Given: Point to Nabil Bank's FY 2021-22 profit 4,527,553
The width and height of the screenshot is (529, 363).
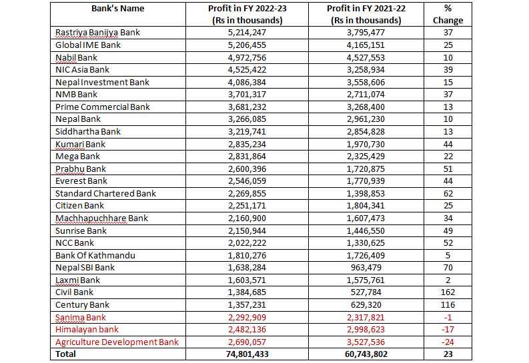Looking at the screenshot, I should click(366, 57).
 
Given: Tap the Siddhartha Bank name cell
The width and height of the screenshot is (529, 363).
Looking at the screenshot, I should click(88, 131).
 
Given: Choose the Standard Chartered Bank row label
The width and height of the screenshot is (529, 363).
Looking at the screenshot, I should click(105, 193).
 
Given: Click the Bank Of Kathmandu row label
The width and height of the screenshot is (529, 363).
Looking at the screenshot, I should click(95, 255).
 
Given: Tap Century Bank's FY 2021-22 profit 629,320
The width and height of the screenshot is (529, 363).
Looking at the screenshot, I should click(366, 304).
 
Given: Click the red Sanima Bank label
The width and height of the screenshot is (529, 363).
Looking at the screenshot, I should click(81, 317).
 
